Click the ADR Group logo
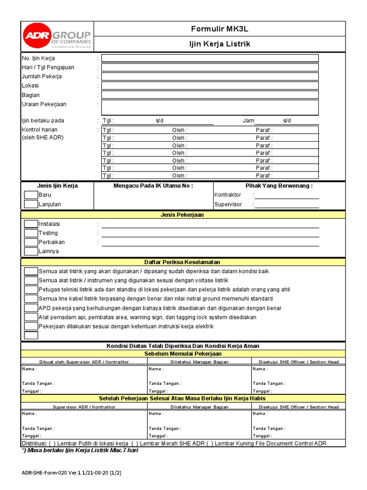(x=57, y=36)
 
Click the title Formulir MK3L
(x=219, y=29)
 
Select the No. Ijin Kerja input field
(x=210, y=58)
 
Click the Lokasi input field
(x=210, y=86)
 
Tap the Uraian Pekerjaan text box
(x=210, y=107)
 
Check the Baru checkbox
(x=31, y=195)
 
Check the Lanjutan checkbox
(x=31, y=204)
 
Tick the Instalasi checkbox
(x=31, y=224)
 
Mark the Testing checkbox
(x=31, y=233)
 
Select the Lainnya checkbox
(x=31, y=251)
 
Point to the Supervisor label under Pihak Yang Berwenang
(x=228, y=204)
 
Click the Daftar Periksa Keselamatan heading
(x=182, y=262)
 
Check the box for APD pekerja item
(x=31, y=308)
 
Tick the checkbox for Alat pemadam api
(x=31, y=317)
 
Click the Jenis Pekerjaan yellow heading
(x=182, y=215)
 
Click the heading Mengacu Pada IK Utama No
(x=153, y=186)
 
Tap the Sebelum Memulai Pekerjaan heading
(x=182, y=354)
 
